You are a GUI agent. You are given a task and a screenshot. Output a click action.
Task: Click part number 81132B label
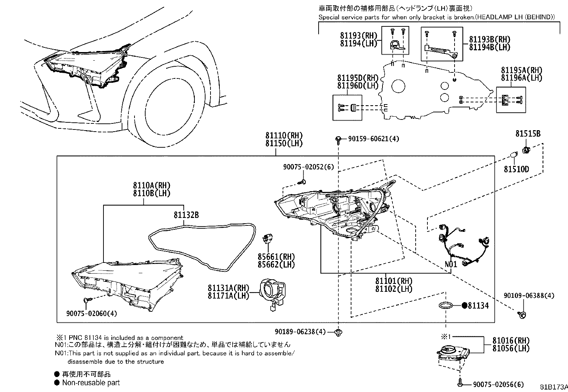click(x=186, y=215)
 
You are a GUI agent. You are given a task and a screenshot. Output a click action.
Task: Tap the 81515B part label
click(x=528, y=134)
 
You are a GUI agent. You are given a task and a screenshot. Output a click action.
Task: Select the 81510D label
click(x=516, y=169)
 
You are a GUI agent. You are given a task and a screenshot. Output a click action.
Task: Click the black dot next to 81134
click(x=465, y=305)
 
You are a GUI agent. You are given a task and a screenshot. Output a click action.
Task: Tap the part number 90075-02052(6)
click(x=309, y=167)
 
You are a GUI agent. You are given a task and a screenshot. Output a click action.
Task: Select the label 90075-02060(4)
click(x=91, y=313)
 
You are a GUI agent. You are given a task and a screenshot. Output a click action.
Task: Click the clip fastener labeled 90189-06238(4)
click(x=338, y=333)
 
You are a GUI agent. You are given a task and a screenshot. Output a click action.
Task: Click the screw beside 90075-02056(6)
click(x=460, y=384)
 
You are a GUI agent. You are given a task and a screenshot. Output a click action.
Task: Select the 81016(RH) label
click(x=511, y=340)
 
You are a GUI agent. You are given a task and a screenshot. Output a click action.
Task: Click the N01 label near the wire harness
click(x=451, y=265)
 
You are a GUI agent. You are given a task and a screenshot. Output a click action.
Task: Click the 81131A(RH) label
click(x=228, y=287)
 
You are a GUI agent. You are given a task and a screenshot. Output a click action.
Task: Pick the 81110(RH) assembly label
click(x=284, y=136)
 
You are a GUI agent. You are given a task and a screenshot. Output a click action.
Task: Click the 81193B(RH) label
click(x=490, y=40)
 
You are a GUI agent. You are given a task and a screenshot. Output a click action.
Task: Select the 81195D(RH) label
click(x=358, y=78)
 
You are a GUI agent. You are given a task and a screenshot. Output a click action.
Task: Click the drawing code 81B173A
click(x=553, y=387)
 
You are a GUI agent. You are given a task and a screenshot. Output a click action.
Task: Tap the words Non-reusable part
click(x=91, y=383)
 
